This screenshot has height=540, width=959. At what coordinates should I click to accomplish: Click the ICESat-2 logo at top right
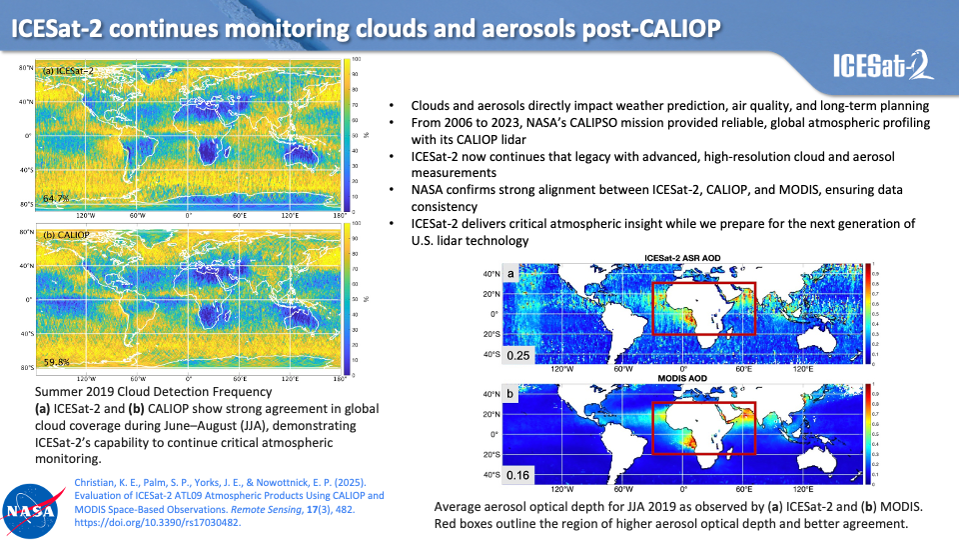pyautogui.click(x=884, y=68)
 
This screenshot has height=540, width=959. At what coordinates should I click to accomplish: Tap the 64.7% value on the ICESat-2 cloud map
pyautogui.click(x=56, y=198)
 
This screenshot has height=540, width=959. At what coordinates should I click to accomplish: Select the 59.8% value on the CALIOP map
pyautogui.click(x=56, y=362)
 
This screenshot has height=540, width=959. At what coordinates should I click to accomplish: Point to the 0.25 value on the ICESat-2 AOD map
pyautogui.click(x=518, y=355)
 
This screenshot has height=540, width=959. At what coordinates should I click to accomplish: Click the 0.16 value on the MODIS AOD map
pyautogui.click(x=518, y=475)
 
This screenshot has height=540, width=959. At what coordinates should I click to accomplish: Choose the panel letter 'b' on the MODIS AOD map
pyautogui.click(x=510, y=394)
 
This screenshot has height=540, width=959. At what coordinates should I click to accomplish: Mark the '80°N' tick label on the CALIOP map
pyautogui.click(x=26, y=233)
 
